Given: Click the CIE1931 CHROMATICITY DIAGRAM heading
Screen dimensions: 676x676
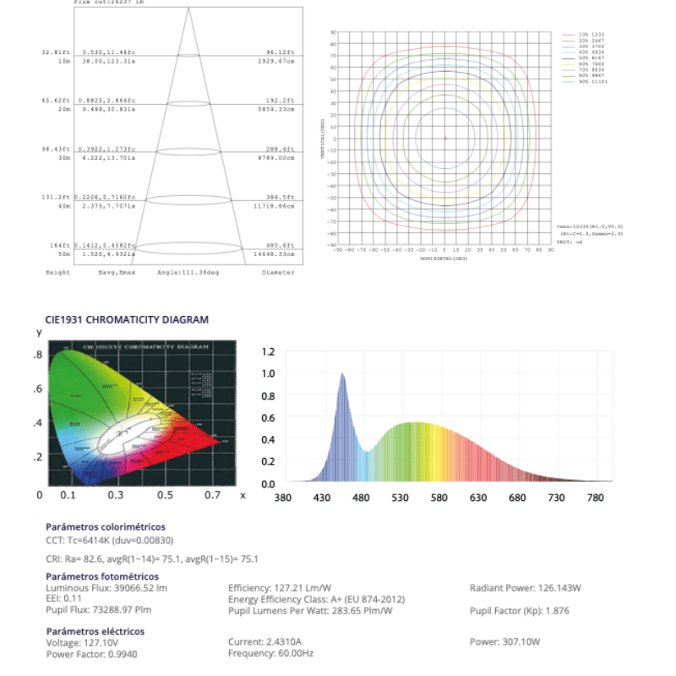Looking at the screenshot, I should pos(127,320).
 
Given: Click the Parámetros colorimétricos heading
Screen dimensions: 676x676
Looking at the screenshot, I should pos(106,526).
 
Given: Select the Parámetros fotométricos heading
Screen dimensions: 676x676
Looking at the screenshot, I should pos(101,576).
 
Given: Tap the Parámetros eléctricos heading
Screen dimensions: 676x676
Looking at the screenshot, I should pos(95,631).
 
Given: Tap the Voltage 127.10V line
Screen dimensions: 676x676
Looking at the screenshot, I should pos(76,642).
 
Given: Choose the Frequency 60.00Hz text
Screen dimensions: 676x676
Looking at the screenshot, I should pos(271,653).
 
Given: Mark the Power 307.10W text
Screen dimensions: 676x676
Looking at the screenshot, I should pos(505,642).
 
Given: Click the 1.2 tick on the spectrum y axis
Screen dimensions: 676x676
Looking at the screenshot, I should pos(268,352).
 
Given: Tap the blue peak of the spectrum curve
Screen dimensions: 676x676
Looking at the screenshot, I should pos(342,375).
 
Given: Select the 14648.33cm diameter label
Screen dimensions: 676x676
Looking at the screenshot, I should pos(277,253).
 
